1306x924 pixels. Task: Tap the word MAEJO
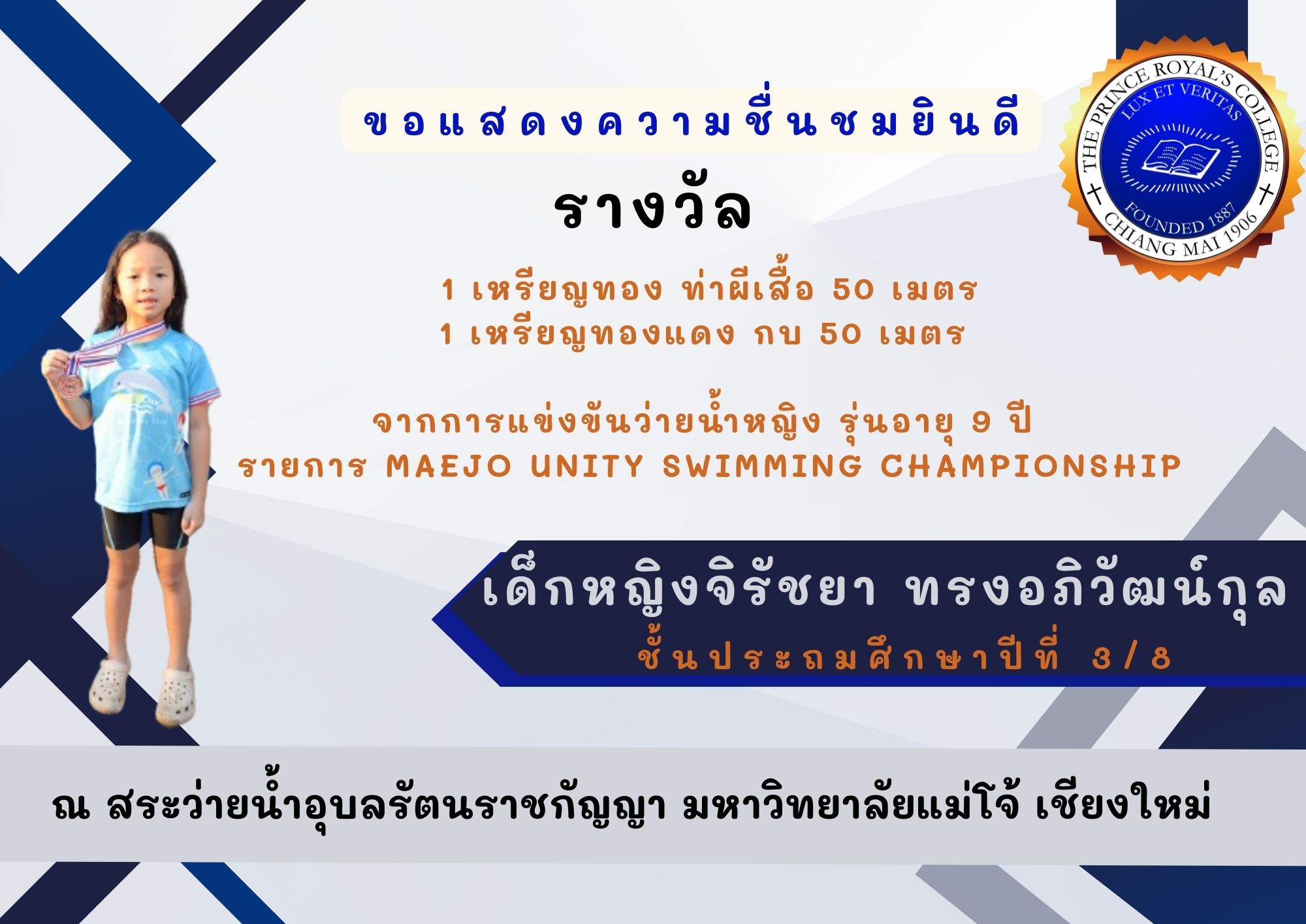[449, 467]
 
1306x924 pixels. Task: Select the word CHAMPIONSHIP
[1031, 467]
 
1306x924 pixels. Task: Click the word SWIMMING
[762, 467]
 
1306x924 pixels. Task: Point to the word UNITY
[587, 467]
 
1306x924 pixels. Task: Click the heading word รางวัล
[653, 209]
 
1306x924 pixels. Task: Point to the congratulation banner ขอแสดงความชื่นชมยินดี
[691, 122]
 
